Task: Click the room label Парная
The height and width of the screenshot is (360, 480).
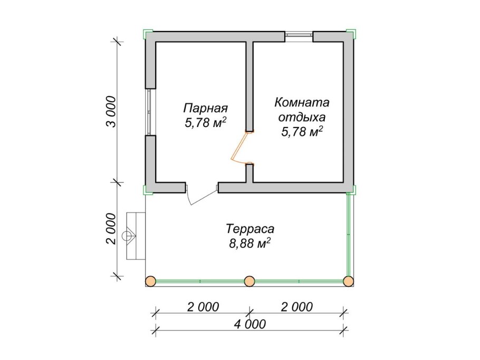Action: tap(205, 108)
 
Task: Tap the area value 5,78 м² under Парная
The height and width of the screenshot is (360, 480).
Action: tap(206, 122)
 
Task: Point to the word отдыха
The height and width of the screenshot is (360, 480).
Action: tap(302, 117)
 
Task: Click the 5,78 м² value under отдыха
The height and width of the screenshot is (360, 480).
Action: tap(302, 132)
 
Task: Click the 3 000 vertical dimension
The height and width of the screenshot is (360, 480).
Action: tap(110, 112)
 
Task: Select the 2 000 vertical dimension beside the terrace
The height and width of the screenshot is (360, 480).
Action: tap(110, 229)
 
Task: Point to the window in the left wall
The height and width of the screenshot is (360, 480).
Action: tap(150, 112)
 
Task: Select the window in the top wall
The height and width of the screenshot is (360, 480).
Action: tap(299, 36)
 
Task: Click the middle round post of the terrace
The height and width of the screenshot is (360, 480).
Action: tap(249, 280)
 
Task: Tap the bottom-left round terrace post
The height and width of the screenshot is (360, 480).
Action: tap(151, 280)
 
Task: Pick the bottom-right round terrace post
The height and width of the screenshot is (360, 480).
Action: tap(348, 280)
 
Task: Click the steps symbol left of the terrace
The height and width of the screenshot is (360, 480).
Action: tap(135, 235)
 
